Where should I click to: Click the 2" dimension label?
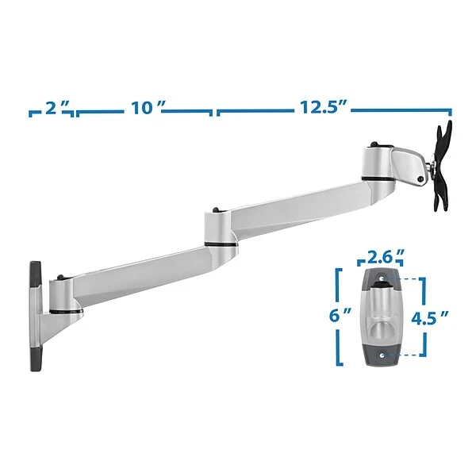52,108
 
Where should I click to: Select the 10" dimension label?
146,108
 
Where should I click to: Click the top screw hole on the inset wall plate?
382,278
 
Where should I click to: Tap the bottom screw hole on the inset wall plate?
382,354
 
